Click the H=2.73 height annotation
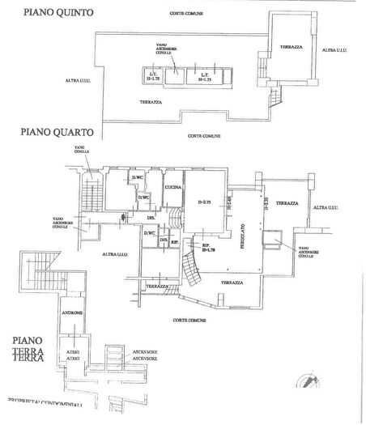[204, 202]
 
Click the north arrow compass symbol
[311, 381]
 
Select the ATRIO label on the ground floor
[72, 355]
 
